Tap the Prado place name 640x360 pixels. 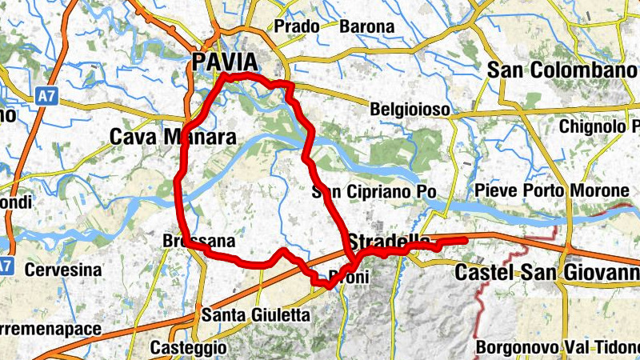pos(297,26)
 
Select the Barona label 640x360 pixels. pos(367,26)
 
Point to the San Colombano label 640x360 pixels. pos(562,70)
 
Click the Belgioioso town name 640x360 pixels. pos(410,109)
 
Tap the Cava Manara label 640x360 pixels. pos(172,138)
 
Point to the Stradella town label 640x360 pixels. pos(389,239)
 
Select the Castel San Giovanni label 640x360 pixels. pos(547,273)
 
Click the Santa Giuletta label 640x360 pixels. pos(255,315)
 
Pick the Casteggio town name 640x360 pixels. pos(188,348)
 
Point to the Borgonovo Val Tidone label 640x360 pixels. pos(557,348)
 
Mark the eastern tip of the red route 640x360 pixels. pos(466,238)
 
